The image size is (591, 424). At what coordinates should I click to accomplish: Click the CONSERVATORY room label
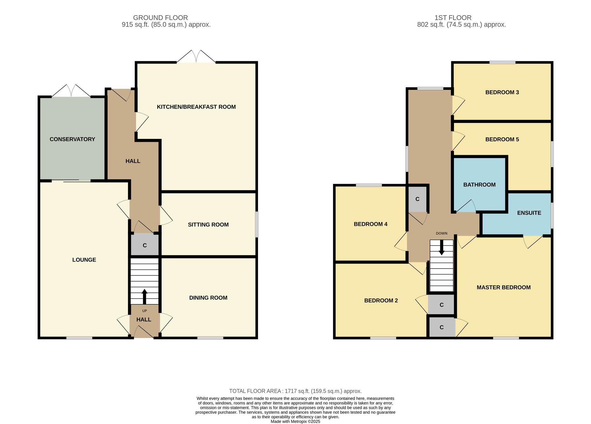72,139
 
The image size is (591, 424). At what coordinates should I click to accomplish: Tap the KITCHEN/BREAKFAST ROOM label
196,107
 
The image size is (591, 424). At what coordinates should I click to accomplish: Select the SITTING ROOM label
208,225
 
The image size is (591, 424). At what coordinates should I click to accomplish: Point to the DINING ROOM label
208,298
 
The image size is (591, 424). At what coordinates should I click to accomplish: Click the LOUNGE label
84,260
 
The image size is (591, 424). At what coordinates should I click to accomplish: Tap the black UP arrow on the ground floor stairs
144,297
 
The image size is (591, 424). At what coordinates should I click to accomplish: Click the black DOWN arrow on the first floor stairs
441,247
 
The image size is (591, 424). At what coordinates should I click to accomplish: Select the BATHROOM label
479,185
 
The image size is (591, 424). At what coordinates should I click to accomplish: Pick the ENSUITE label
529,213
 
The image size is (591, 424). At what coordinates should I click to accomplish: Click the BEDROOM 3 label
502,92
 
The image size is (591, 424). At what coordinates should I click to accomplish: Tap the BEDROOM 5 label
502,139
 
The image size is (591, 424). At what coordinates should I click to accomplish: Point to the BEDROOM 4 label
371,224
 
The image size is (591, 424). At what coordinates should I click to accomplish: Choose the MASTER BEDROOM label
504,287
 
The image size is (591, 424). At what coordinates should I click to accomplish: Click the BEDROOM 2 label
381,300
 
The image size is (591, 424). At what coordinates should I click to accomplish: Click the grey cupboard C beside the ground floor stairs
145,245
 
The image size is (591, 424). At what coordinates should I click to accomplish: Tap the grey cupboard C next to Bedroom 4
417,199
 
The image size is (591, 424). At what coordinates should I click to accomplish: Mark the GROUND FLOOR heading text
160,18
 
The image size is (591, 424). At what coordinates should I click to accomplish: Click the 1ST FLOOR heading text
453,18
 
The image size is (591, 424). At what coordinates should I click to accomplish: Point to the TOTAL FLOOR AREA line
295,391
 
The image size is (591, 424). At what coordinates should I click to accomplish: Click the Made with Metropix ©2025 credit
295,422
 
